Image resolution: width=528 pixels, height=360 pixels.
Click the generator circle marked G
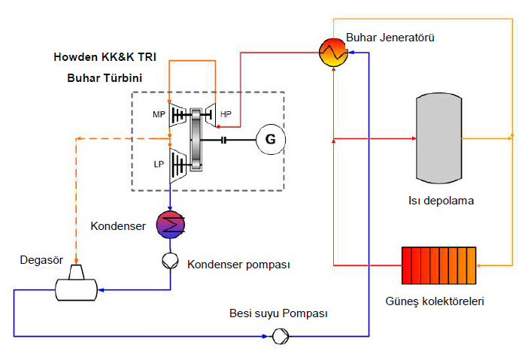(271, 139)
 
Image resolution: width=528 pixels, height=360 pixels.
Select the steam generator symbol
(333, 52)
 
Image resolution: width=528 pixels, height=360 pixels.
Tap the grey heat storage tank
(438, 138)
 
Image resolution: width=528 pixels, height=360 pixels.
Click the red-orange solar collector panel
(438, 265)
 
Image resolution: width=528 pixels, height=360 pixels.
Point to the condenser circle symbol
(171, 225)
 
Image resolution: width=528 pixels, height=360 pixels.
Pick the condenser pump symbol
(170, 261)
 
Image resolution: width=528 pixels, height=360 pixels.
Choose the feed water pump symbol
(280, 336)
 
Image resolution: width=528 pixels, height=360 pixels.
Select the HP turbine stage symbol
(210, 115)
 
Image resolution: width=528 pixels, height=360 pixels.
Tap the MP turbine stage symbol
(177, 115)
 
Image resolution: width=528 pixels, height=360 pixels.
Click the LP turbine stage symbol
(178, 165)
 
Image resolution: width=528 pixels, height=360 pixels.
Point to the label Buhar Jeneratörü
(390, 38)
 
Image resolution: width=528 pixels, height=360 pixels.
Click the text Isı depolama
(441, 201)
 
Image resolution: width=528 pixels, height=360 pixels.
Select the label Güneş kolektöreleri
(435, 301)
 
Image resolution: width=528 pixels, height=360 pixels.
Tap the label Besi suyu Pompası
(278, 313)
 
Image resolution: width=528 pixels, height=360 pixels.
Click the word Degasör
(41, 260)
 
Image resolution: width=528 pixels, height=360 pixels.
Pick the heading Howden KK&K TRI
(105, 57)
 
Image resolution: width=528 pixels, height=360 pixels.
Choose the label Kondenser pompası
(238, 265)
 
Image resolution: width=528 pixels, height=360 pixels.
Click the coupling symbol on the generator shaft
(223, 140)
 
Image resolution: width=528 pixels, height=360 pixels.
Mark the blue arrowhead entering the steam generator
(351, 52)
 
